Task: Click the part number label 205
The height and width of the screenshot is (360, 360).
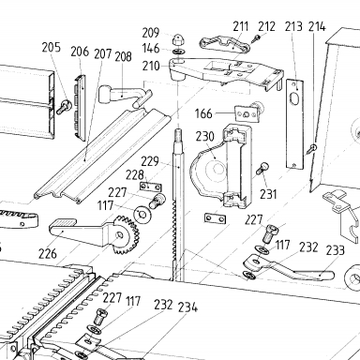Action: point(52,47)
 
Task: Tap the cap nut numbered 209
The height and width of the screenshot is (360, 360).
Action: point(177,39)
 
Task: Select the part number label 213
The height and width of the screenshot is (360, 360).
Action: point(293,26)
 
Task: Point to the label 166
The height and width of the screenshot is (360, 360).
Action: point(203,113)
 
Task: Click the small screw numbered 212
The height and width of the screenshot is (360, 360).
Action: point(257,38)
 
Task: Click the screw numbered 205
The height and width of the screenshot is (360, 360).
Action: point(64,106)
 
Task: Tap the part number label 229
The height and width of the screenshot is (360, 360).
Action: point(150,161)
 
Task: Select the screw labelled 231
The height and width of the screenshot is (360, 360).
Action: point(262,169)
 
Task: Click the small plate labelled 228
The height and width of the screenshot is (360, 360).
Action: point(150,187)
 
